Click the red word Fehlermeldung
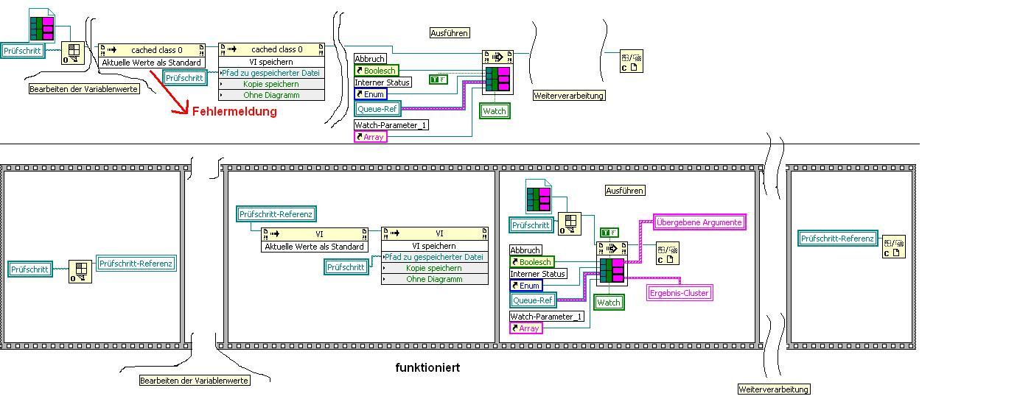pyautogui.click(x=234, y=112)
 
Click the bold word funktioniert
pyautogui.click(x=427, y=367)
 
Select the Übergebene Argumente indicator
pyautogui.click(x=699, y=222)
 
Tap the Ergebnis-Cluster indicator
pyautogui.click(x=679, y=293)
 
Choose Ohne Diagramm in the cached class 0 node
pyautogui.click(x=271, y=95)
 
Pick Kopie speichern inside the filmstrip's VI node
pyautogui.click(x=434, y=268)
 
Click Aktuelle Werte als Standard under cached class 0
pyautogui.click(x=151, y=63)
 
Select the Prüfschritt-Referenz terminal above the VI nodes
pyautogui.click(x=276, y=214)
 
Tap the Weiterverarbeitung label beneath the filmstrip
pyautogui.click(x=773, y=389)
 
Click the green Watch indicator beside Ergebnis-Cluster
pyautogui.click(x=608, y=303)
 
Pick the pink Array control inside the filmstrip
pyautogui.click(x=525, y=328)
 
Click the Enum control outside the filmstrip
pyautogui.click(x=370, y=94)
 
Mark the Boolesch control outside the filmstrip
pyautogui.click(x=376, y=71)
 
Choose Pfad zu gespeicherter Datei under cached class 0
pyautogui.click(x=271, y=73)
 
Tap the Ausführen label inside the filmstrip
pyautogui.click(x=625, y=191)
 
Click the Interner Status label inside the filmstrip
pyautogui.click(x=538, y=274)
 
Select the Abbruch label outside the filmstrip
pyautogui.click(x=370, y=59)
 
